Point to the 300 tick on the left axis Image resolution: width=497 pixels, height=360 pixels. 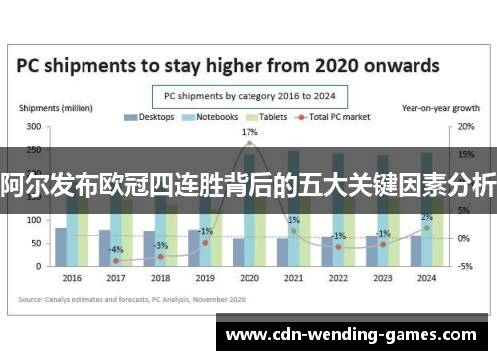34,126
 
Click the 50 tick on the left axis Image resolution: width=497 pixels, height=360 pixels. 36,242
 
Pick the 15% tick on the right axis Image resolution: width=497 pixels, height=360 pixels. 464,154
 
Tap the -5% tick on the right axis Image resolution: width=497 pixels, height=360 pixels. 464,266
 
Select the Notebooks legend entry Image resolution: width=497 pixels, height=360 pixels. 213,117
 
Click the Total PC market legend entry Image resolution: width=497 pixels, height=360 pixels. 339,117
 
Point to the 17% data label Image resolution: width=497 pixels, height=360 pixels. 249,132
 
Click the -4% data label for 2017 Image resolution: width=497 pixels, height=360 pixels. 116,249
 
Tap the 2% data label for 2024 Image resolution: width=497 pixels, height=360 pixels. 426,217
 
